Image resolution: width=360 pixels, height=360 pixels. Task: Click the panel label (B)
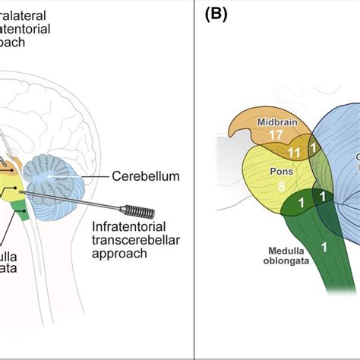[217, 14]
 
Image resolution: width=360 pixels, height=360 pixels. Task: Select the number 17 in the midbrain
[275, 137]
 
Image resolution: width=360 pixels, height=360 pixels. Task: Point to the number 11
[294, 153]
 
